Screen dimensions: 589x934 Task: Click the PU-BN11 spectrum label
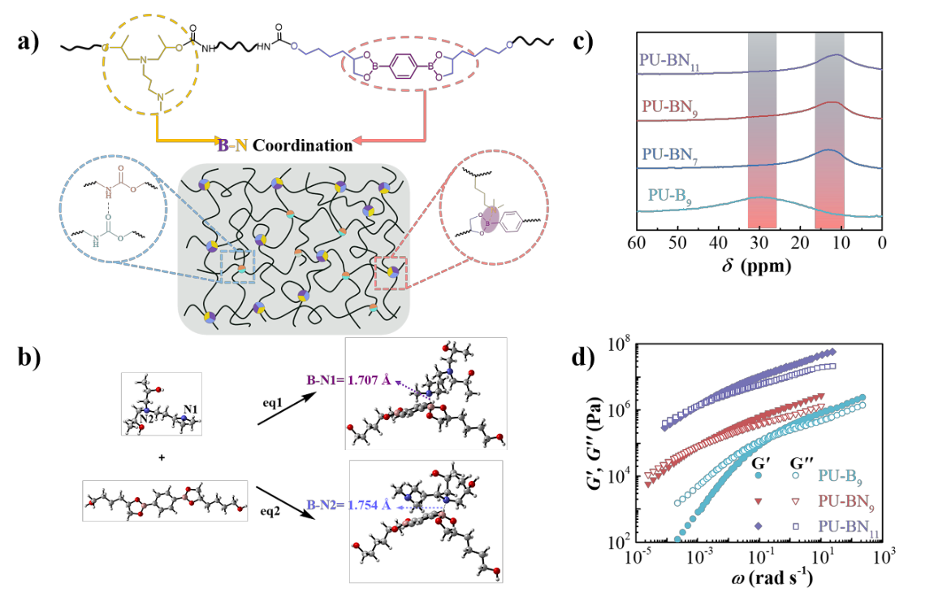669,62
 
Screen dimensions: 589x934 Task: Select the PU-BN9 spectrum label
669,107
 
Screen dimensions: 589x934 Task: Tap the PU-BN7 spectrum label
669,154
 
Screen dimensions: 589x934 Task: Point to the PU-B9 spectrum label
670,197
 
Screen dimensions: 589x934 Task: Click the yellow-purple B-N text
233,145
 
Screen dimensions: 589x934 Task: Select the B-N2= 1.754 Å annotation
348,505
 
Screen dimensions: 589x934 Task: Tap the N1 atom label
191,408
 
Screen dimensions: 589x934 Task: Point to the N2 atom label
145,420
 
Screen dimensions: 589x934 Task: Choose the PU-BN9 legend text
846,501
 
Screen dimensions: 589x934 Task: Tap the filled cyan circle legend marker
758,475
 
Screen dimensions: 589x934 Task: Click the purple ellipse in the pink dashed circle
488,219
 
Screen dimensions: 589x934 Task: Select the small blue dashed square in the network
238,266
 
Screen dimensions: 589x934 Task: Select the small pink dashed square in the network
390,272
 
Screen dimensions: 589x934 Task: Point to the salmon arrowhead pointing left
357,141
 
